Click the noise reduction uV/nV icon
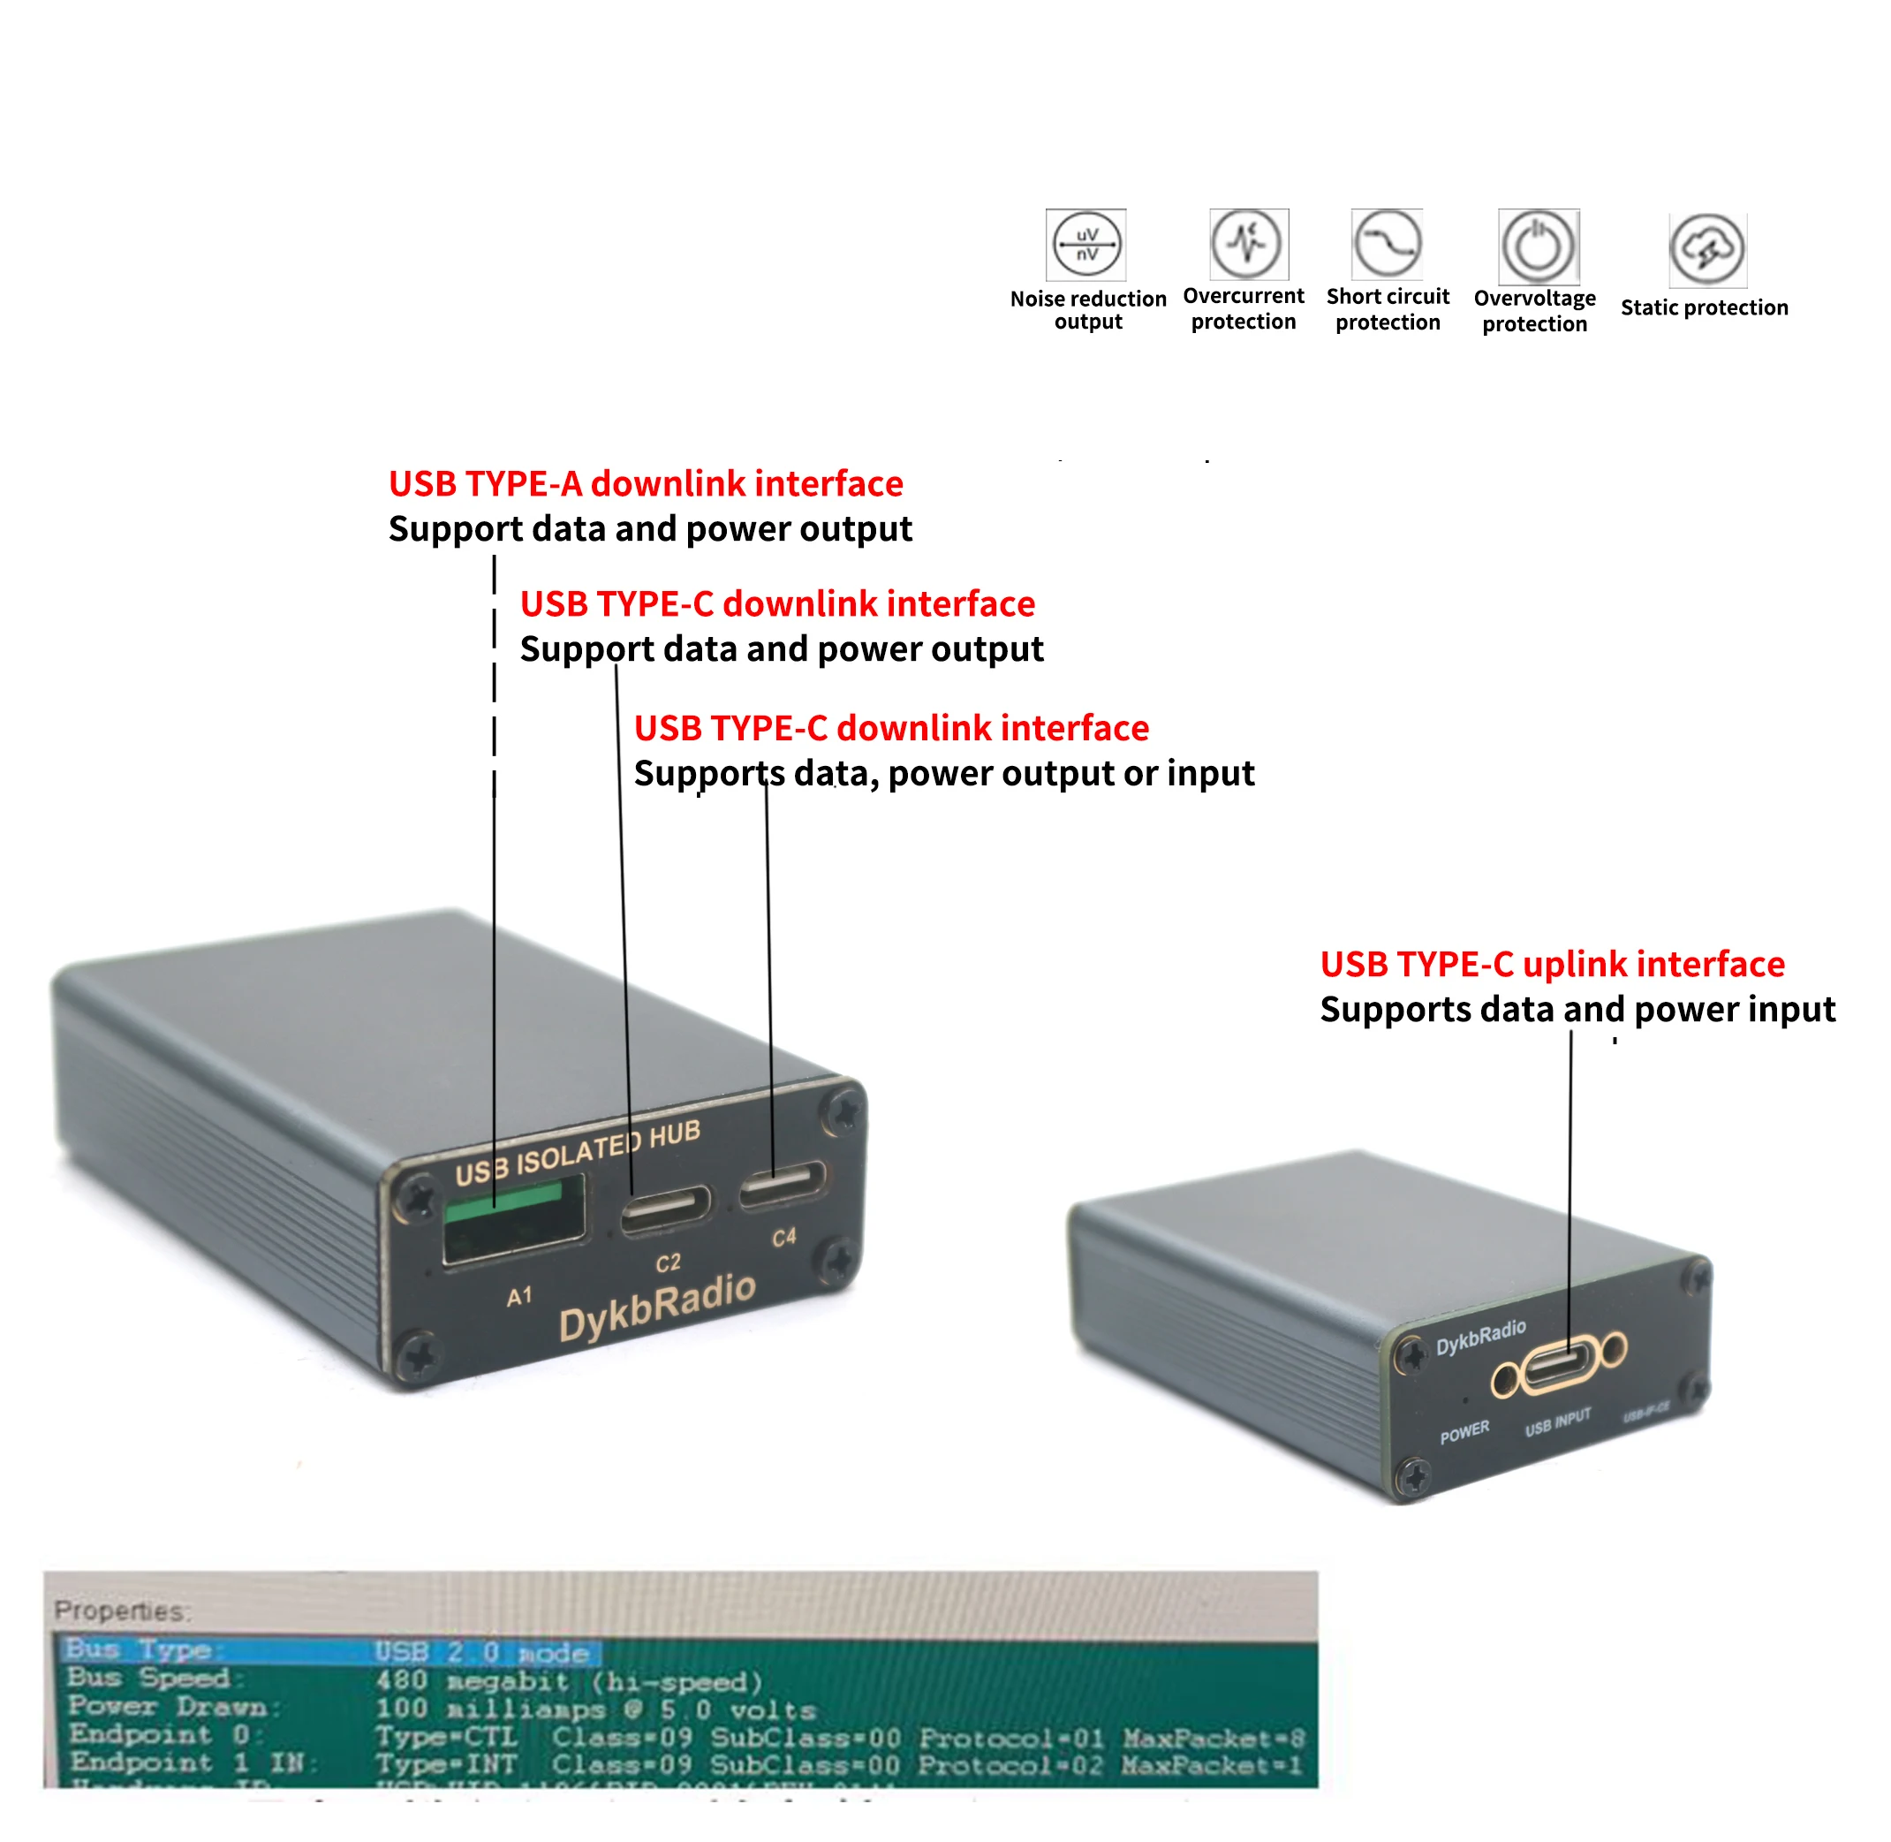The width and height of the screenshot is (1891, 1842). (1086, 245)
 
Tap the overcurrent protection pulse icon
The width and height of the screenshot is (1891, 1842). (1248, 243)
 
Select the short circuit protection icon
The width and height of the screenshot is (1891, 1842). (1387, 244)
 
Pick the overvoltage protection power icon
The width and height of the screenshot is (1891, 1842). (1537, 246)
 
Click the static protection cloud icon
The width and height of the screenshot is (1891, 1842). (1707, 251)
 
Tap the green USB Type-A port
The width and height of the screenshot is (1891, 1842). (514, 1218)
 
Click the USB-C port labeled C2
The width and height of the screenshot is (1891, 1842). (665, 1209)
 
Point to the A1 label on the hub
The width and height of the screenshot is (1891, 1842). (519, 1296)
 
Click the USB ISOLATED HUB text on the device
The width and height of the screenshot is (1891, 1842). (578, 1153)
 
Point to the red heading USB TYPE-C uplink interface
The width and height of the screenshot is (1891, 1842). (1552, 965)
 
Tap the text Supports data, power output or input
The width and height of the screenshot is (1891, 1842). (943, 773)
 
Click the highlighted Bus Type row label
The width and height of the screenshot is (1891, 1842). (140, 1649)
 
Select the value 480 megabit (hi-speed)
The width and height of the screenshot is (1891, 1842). (569, 1681)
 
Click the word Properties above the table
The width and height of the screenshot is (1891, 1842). (122, 1611)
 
